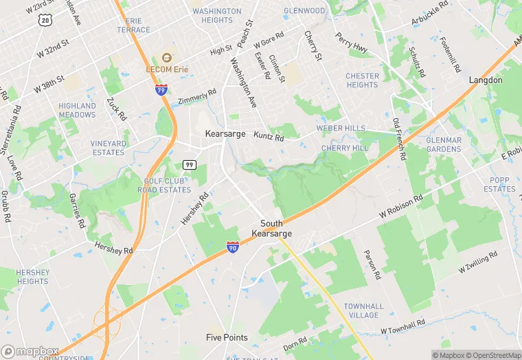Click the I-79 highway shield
[160, 90]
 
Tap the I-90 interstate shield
[234, 247]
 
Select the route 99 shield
[189, 164]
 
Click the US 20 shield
[45, 21]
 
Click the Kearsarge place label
[225, 134]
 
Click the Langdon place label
[486, 80]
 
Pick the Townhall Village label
[363, 311]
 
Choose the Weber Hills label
[341, 128]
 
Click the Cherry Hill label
[344, 148]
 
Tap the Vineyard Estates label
[109, 148]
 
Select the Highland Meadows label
[77, 111]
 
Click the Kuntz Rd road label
[269, 137]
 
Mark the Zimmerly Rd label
[197, 96]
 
